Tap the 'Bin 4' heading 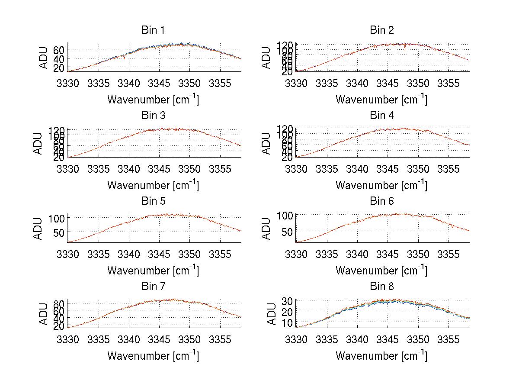click(x=381, y=116)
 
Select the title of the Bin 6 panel click(x=381, y=201)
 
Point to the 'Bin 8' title click(x=381, y=287)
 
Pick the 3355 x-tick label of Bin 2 click(x=449, y=83)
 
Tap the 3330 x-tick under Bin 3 click(x=68, y=168)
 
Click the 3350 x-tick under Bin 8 click(x=418, y=339)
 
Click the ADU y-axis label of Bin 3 click(x=38, y=143)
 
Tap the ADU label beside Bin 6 click(x=266, y=229)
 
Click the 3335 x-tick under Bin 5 click(x=99, y=254)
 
